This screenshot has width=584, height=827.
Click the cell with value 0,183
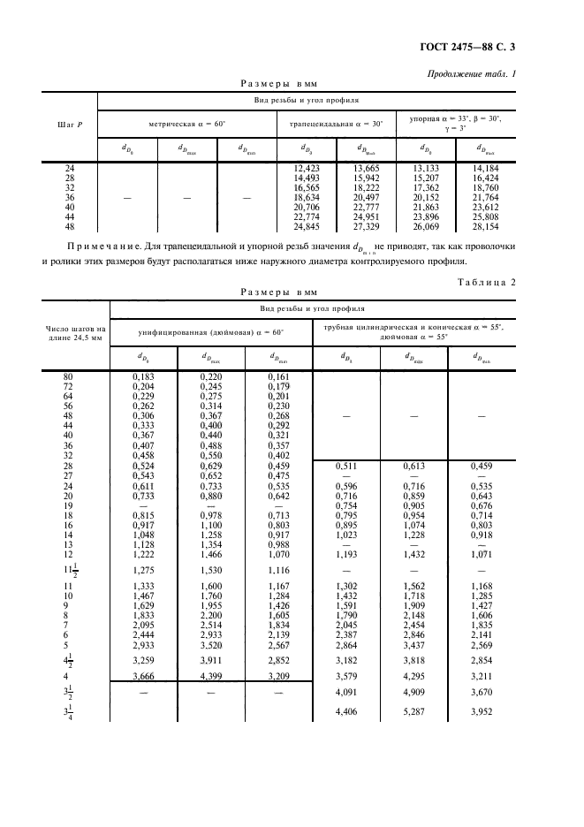point(143,377)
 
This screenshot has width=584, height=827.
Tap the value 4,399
point(211,676)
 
